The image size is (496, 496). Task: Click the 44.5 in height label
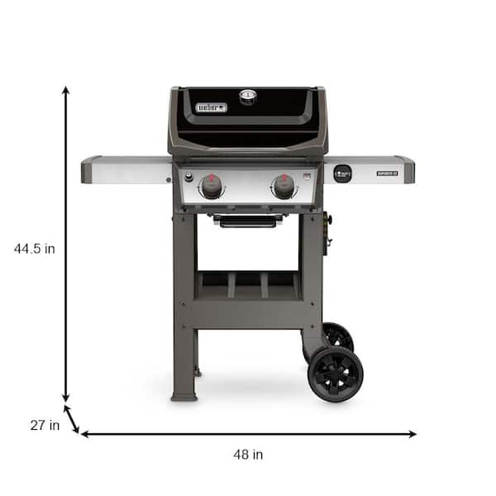tap(35, 247)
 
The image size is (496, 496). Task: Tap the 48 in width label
tap(248, 454)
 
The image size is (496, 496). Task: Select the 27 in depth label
tap(45, 426)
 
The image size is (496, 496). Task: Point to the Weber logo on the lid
tap(210, 107)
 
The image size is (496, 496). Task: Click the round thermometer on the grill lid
tap(248, 97)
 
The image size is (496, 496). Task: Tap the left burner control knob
tap(212, 187)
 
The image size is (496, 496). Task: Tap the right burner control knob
tap(284, 187)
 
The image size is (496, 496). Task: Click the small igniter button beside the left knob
tap(188, 177)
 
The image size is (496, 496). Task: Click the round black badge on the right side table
tap(342, 174)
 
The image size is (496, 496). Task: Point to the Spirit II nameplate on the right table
tap(388, 174)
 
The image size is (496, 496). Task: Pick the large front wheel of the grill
tap(335, 374)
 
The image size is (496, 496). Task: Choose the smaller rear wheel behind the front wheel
tap(337, 335)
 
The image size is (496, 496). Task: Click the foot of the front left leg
tap(184, 396)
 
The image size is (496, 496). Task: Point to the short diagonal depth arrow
tap(72, 417)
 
